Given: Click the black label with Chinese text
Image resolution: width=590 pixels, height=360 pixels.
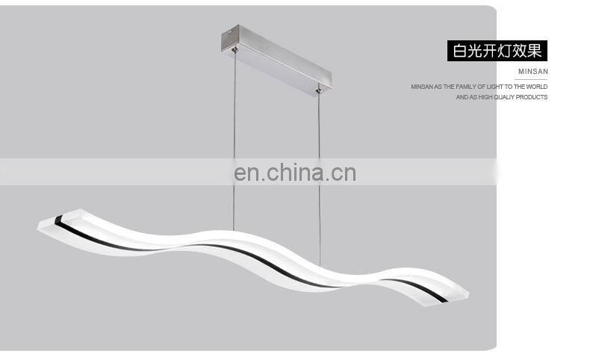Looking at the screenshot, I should [497, 51].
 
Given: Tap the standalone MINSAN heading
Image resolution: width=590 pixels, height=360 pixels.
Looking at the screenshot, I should [533, 72].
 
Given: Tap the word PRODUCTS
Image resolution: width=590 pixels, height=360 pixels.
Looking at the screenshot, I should [533, 97].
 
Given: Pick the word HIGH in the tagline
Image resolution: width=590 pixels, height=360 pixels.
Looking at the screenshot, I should [485, 97].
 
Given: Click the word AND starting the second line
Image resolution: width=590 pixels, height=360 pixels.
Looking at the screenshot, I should [462, 97].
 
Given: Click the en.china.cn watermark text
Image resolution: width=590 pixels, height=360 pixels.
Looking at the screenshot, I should [295, 173].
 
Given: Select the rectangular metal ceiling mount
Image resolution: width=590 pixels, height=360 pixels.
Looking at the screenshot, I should [276, 59].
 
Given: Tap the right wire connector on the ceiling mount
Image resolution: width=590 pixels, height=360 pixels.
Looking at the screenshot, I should [320, 91].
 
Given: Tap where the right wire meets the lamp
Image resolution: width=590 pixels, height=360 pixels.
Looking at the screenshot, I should [320, 265].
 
